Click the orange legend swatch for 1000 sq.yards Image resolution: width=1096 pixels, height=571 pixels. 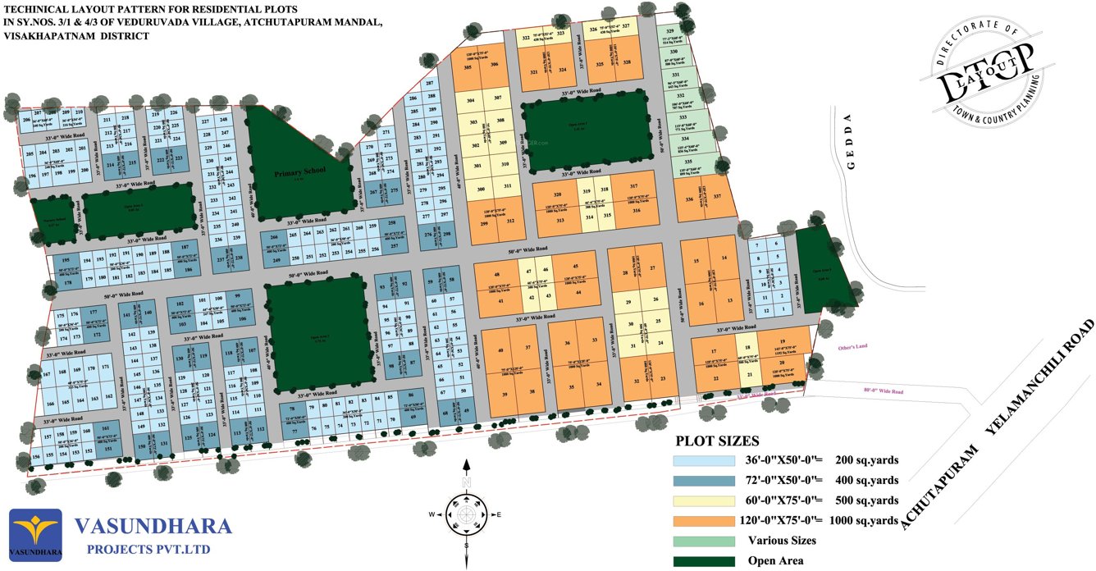coord(703,520)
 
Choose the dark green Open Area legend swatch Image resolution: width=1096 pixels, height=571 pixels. coord(703,561)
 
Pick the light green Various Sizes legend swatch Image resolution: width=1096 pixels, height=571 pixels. coord(703,541)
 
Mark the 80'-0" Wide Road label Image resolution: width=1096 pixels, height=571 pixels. coord(884,392)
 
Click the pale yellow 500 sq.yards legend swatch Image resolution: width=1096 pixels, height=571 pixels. coord(703,500)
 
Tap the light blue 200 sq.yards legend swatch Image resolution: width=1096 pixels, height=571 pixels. coord(703,460)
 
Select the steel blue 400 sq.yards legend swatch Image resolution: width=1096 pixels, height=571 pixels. coord(703,480)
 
